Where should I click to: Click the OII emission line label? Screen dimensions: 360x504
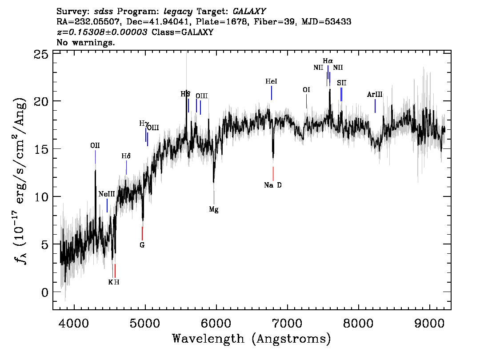coord(95,145)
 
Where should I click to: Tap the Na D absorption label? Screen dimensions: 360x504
coord(273,185)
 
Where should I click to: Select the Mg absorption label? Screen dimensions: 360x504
coord(214,209)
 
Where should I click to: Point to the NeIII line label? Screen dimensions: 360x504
coord(107,194)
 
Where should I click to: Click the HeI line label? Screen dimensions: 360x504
coord(271,82)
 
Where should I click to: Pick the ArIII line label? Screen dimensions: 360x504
coord(375,95)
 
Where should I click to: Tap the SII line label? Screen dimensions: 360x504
coord(341,83)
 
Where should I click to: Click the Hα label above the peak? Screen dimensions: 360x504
coord(328,60)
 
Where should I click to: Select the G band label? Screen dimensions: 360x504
coord(142,245)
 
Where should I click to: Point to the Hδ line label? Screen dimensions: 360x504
coord(126,156)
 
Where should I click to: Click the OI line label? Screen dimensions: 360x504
coord(306,90)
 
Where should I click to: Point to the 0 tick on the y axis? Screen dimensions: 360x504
coord(44,292)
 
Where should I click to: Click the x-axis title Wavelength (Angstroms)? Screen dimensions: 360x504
coord(252,339)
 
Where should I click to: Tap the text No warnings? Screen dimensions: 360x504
coord(86,43)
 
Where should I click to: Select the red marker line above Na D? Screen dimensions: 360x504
coord(273,173)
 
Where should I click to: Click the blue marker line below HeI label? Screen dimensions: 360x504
coord(271,93)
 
